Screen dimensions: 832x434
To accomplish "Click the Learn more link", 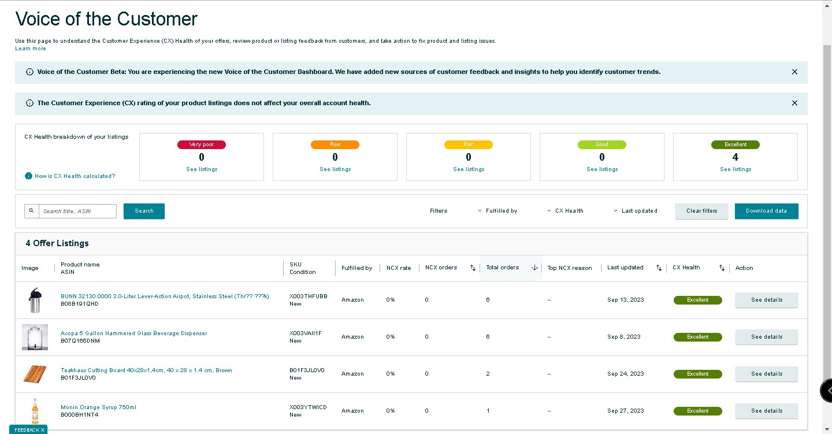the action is point(31,49).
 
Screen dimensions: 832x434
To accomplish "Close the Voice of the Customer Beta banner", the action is point(794,72).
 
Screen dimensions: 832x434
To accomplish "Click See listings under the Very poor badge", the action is point(202,169).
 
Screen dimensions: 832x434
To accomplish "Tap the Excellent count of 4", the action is point(736,157).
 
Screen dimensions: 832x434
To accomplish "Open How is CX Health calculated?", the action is point(75,176).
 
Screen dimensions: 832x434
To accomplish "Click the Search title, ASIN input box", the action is point(77,211).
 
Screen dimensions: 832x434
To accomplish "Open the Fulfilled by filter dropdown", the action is point(497,211).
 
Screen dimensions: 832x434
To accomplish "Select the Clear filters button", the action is point(701,211).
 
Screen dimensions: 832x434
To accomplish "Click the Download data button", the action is point(766,211).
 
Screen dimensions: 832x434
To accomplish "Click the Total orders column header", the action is point(503,268).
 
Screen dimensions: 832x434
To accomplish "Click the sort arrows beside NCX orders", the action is point(473,268).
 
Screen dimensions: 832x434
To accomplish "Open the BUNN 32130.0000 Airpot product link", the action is point(165,296).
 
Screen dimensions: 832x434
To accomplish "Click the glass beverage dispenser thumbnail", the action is point(35,337).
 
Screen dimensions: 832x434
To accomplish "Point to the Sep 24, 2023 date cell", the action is point(626,374).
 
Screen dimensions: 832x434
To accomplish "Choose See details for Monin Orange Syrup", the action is point(767,411).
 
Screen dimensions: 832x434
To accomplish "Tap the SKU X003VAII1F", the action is point(305,333).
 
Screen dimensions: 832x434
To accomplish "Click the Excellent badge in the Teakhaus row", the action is point(697,374).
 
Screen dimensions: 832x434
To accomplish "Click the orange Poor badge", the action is point(335,144).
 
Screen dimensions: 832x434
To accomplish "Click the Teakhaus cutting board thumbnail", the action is point(35,374).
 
